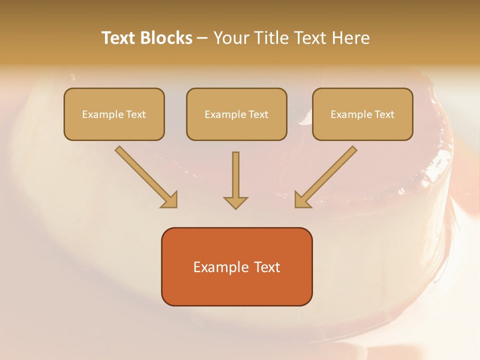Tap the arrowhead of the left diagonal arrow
pyautogui.click(x=170, y=200)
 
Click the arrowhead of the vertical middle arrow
pyautogui.click(x=235, y=202)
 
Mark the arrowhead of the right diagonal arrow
pyautogui.click(x=302, y=200)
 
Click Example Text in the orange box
pyautogui.click(x=236, y=267)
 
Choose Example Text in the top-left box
pyautogui.click(x=114, y=114)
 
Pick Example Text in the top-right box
pyautogui.click(x=362, y=114)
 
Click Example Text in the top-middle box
pyautogui.click(x=236, y=114)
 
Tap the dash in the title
pyautogui.click(x=202, y=38)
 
